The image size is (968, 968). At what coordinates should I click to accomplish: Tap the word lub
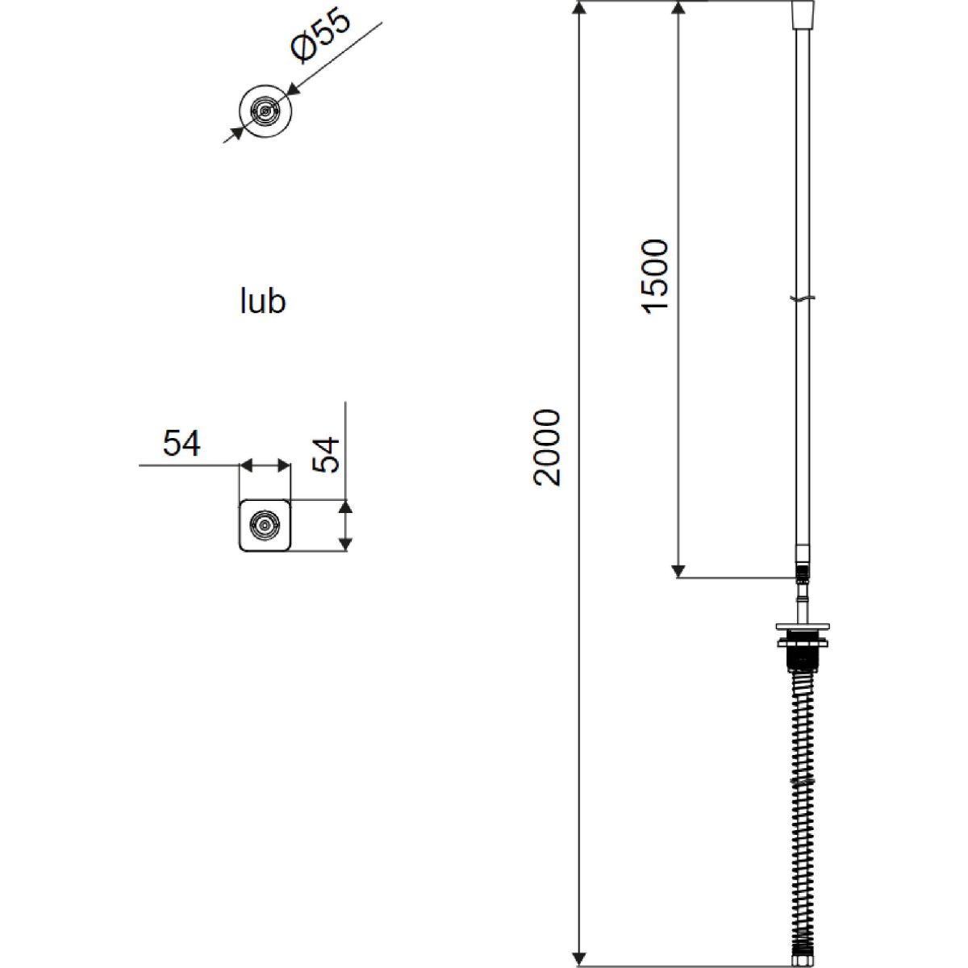(263, 301)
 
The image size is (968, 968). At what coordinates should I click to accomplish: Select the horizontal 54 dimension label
(181, 443)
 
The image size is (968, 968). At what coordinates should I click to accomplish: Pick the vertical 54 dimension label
(326, 455)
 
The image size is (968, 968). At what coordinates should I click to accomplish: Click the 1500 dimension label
(656, 277)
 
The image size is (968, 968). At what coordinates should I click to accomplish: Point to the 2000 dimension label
(547, 449)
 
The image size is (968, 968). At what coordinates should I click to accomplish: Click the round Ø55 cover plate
(265, 111)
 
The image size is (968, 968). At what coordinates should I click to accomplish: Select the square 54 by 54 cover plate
(265, 525)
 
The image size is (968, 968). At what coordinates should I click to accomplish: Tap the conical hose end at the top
(803, 14)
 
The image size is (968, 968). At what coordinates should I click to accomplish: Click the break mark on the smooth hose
(803, 298)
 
